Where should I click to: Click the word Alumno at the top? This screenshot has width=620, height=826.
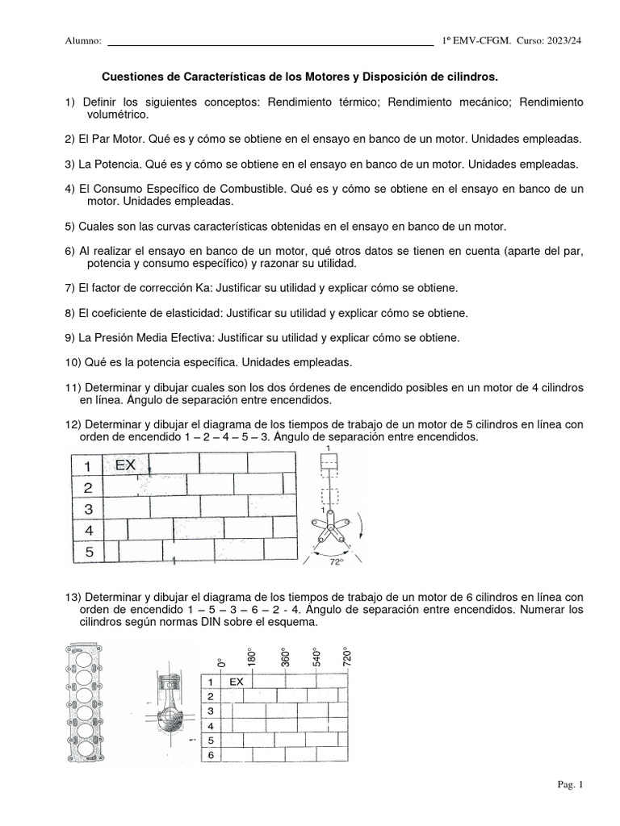(x=82, y=41)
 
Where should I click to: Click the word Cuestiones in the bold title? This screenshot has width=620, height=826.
(x=134, y=77)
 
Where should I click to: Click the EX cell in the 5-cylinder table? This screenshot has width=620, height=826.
(x=126, y=465)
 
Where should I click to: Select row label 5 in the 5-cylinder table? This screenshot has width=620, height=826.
(x=89, y=552)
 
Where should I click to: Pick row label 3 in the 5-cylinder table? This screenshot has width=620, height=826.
(x=89, y=508)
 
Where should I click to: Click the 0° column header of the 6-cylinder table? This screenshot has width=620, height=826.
(x=221, y=662)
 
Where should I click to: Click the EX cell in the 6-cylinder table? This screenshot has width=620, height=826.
(x=236, y=682)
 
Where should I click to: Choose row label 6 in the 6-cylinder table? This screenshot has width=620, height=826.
(x=211, y=754)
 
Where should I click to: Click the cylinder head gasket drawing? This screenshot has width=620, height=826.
(x=85, y=703)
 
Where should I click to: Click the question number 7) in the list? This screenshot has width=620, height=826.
(x=69, y=288)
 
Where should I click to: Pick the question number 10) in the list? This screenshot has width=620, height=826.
(x=73, y=362)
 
